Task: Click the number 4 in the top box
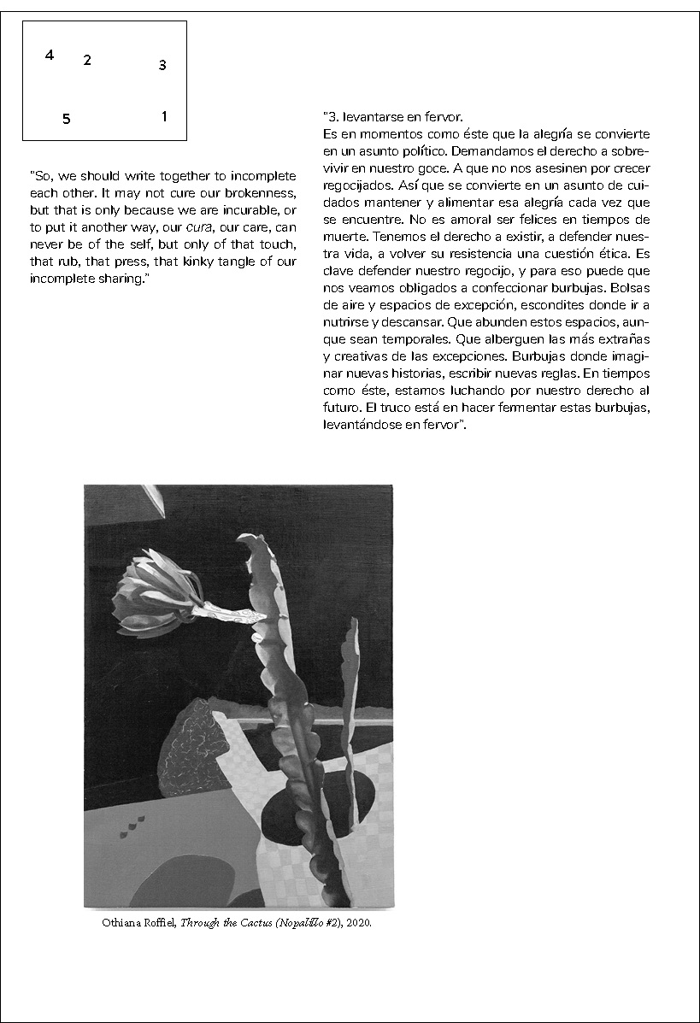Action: [50, 55]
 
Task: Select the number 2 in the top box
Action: [87, 60]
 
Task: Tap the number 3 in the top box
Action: [162, 64]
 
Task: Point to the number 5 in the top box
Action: [66, 119]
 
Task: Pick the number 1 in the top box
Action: [164, 116]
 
